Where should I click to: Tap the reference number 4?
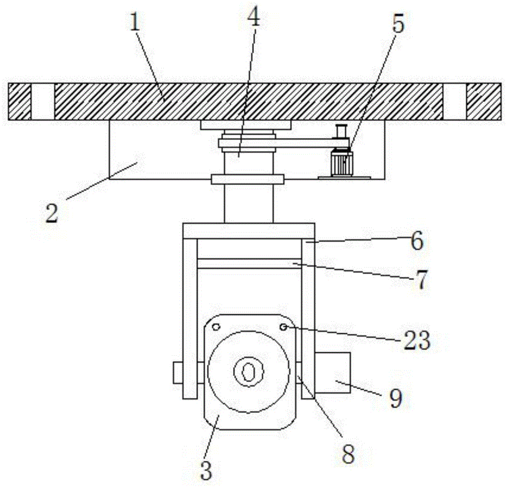pos(253,19)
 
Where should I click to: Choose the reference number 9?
pos(395,399)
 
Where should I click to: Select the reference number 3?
pos(205,470)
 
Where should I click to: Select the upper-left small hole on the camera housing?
pos(216,327)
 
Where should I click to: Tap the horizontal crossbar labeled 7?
pos(249,264)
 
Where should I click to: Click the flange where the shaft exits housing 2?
pos(247,179)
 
